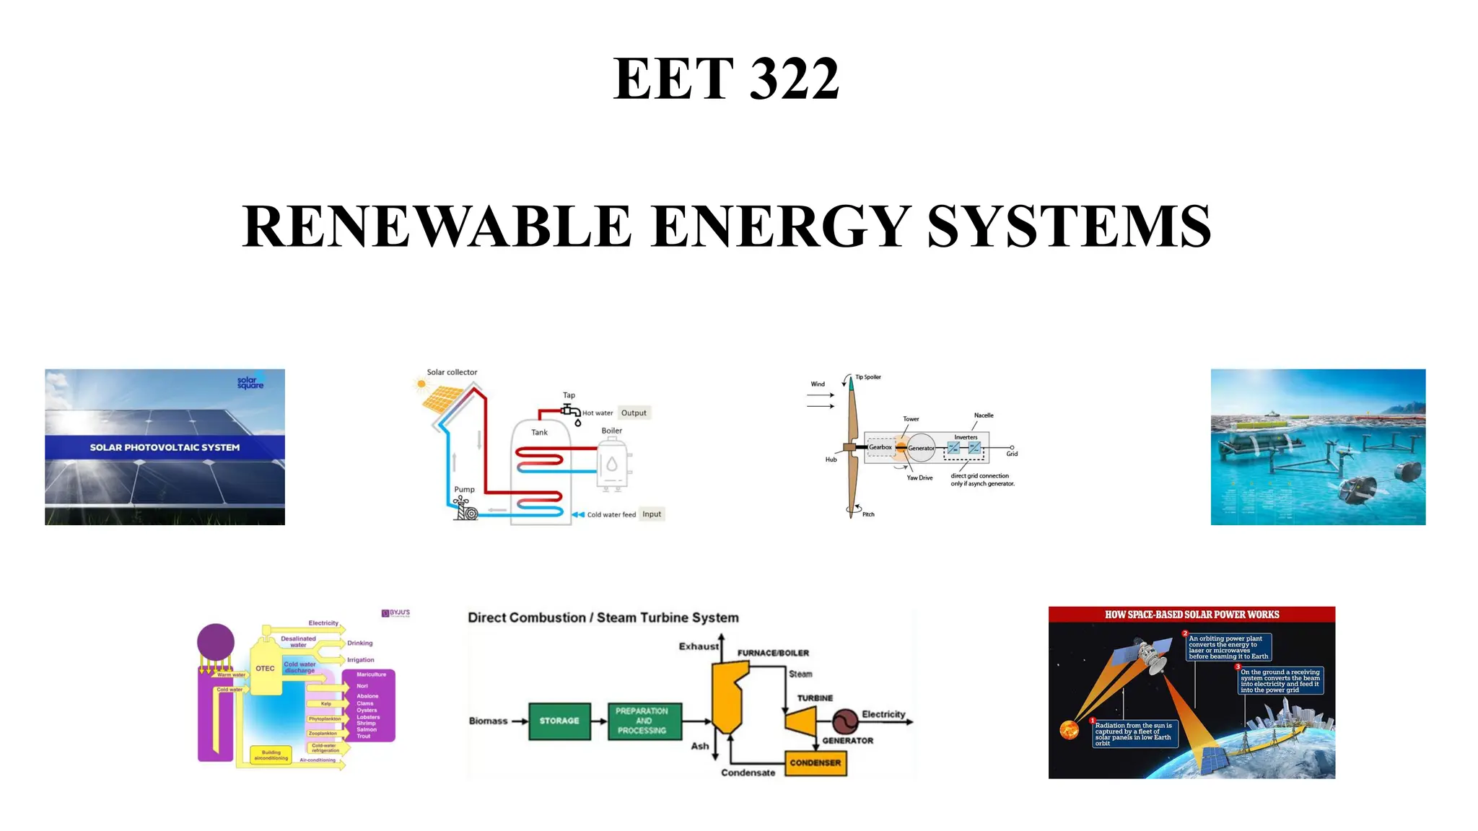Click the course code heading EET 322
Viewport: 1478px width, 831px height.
726,79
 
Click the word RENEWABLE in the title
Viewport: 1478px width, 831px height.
436,227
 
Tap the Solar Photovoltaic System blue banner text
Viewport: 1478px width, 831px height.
165,447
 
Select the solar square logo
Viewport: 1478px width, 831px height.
250,382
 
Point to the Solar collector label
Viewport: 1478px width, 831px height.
452,372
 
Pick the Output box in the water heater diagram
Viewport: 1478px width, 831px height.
634,413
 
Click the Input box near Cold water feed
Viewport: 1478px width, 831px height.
652,514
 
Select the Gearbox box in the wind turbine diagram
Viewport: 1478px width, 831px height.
880,447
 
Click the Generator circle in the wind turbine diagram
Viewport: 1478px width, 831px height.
921,448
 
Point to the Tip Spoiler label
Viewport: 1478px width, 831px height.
867,377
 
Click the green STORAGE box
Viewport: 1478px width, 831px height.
559,721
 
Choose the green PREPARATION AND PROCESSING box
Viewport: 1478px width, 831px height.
642,721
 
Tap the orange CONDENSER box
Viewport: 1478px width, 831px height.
815,762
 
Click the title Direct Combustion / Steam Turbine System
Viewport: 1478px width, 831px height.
603,617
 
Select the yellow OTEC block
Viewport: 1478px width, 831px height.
265,669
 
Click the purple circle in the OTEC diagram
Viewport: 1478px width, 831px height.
216,641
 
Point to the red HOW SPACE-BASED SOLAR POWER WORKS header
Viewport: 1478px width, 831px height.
1191,615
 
